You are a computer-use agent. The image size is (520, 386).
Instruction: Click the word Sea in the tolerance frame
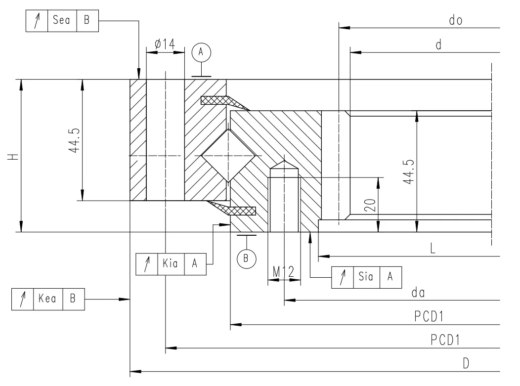point(61,21)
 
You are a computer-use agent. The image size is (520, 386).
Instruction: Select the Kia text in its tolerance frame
point(170,263)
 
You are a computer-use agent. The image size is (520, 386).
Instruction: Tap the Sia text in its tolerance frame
point(366,277)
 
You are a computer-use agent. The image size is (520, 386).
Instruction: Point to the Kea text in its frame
point(48,300)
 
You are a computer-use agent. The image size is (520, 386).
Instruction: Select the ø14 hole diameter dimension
point(164,43)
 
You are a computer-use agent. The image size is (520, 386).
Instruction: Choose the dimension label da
point(419,293)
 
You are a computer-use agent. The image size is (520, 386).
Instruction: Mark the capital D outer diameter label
point(466,363)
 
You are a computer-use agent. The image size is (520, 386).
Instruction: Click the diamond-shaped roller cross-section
point(227,155)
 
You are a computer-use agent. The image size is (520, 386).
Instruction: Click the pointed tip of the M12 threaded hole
point(284,161)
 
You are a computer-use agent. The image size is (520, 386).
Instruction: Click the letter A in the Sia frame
point(390,277)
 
